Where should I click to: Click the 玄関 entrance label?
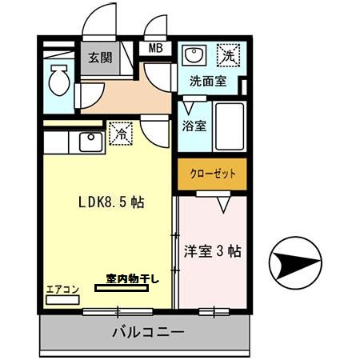[x=100, y=58]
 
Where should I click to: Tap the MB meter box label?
[x=155, y=49]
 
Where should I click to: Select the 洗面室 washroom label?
[x=206, y=81]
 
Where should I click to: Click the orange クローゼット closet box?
[x=212, y=174]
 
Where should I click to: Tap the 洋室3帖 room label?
[x=211, y=251]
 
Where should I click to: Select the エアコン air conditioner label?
[x=61, y=289]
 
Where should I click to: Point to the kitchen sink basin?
[x=88, y=142]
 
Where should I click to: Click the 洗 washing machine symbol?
[x=230, y=56]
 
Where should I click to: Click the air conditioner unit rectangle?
[x=61, y=299]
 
